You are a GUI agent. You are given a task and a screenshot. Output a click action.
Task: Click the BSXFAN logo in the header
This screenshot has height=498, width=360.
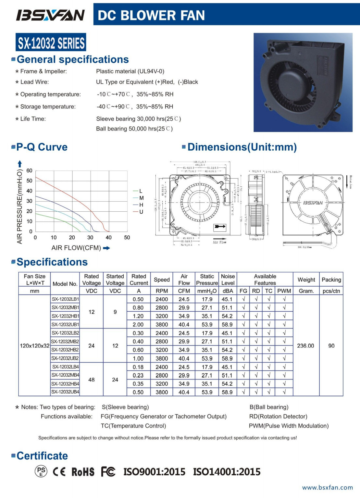[50, 15]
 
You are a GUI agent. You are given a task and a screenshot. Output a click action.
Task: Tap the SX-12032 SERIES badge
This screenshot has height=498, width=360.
[51, 43]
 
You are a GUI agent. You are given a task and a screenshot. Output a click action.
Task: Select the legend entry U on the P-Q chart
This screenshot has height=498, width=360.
[141, 212]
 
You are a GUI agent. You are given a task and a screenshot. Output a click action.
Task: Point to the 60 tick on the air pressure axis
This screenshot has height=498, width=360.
[30, 170]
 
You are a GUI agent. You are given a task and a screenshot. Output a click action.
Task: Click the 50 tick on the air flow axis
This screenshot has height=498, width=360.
[127, 237]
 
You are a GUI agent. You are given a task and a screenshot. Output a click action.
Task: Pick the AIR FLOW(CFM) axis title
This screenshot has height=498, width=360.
[76, 248]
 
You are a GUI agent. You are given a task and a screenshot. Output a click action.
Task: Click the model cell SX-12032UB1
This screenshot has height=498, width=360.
[65, 324]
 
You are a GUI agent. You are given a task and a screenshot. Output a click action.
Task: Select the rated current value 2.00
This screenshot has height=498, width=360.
[138, 324]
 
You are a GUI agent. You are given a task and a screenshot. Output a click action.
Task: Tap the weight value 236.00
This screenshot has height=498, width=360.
[305, 346]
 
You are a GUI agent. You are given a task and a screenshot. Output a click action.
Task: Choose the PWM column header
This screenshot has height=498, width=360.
[284, 291]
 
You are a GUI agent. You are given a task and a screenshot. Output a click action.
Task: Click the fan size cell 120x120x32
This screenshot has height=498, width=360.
[35, 346]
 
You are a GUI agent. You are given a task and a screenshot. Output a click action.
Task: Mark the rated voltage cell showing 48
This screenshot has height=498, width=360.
[92, 380]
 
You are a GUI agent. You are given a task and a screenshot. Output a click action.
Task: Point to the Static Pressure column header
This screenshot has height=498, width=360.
[207, 280]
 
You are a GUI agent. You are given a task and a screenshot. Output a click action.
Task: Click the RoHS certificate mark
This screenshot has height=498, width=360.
[83, 472]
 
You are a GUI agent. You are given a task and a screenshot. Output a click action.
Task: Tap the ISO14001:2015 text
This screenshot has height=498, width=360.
[227, 472]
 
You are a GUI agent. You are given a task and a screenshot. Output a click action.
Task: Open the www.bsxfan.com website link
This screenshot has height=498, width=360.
[327, 487]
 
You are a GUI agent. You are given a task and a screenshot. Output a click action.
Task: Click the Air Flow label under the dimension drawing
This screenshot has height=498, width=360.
[219, 242]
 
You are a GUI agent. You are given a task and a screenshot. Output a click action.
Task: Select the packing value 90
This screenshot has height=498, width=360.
[331, 346]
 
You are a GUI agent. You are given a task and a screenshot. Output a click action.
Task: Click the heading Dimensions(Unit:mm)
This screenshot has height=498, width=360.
[242, 147]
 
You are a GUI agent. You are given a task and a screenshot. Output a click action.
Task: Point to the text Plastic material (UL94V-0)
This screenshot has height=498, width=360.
[130, 71]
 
